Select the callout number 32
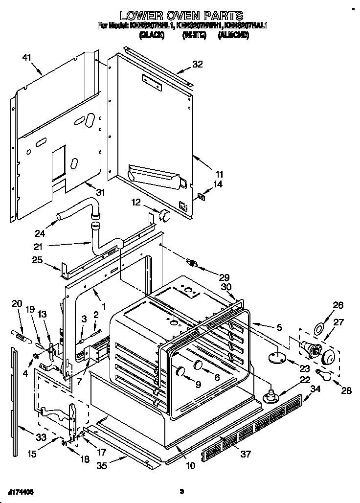[x=197, y=64]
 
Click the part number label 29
[x=225, y=276]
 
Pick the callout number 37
[x=245, y=454]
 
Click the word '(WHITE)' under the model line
[x=194, y=35]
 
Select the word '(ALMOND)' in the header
[x=233, y=35]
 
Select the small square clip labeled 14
[x=201, y=196]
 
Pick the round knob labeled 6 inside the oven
[x=198, y=364]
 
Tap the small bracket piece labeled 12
[x=164, y=215]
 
